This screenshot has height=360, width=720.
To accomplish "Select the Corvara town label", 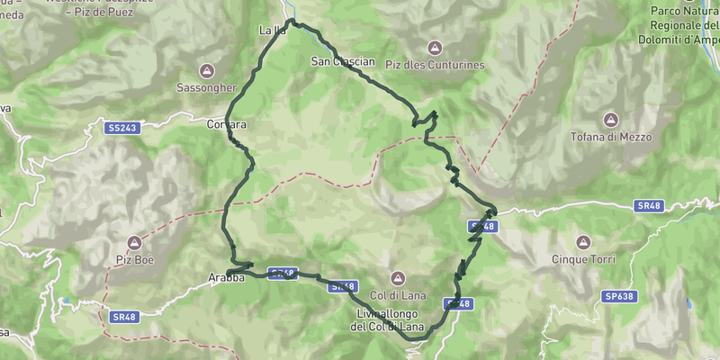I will pyautogui.click(x=226, y=124).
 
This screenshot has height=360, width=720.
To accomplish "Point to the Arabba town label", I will pyautogui.click(x=228, y=278).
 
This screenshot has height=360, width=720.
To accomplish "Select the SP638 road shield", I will pyautogui.click(x=618, y=296).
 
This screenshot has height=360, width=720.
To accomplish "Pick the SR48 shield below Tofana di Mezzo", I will pyautogui.click(x=646, y=206).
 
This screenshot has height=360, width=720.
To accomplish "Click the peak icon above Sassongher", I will pyautogui.click(x=207, y=70).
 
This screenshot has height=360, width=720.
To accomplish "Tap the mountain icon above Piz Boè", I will pyautogui.click(x=134, y=242).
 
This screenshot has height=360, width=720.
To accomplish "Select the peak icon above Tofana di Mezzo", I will pyautogui.click(x=611, y=120).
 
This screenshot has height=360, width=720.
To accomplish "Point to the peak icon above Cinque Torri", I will pyautogui.click(x=582, y=242).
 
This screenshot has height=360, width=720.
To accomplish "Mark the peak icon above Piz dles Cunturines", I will pyautogui.click(x=435, y=47).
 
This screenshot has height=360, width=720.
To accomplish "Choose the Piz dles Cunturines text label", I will pyautogui.click(x=435, y=65).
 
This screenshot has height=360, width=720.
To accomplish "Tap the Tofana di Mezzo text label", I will pyautogui.click(x=611, y=138).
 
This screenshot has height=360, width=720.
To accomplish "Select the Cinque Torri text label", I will pyautogui.click(x=583, y=260).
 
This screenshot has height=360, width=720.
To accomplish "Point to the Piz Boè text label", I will pyautogui.click(x=134, y=260).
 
